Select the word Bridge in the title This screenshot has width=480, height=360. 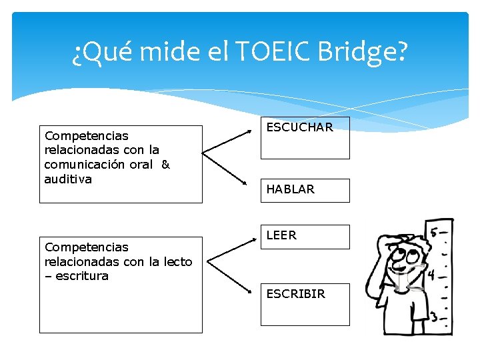coord(368,52)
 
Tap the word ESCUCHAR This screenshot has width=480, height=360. coord(299,127)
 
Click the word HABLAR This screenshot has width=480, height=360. coord(290,189)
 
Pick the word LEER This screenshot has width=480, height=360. coord(281,235)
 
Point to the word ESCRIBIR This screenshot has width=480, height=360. coord(295,293)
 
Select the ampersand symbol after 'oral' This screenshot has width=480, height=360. coord(165,165)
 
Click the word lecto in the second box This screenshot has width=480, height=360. coord(177,262)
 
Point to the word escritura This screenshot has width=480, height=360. coord(81,276)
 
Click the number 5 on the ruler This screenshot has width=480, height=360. coord(434,233)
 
